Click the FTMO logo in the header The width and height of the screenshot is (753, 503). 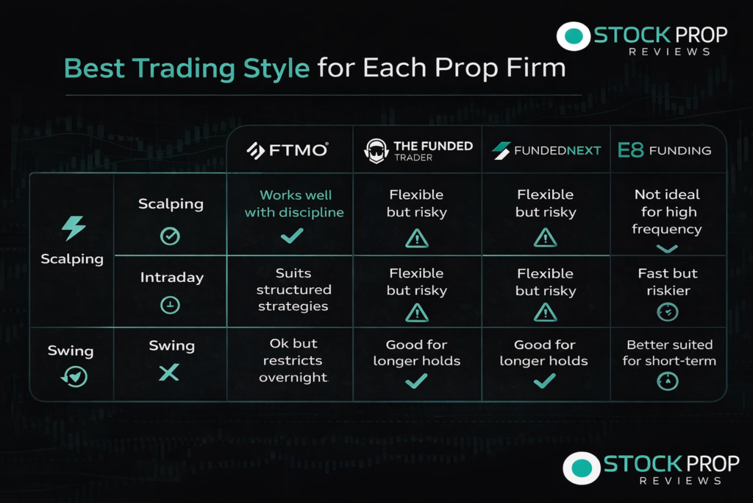pyautogui.click(x=288, y=150)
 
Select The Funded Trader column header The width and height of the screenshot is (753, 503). pyautogui.click(x=418, y=150)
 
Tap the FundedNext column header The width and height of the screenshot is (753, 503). pyautogui.click(x=546, y=150)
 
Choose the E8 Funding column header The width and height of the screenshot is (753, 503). pyautogui.click(x=664, y=150)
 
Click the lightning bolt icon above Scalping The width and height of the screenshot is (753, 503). pyautogui.click(x=74, y=228)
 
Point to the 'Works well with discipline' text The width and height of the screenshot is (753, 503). pyautogui.click(x=294, y=203)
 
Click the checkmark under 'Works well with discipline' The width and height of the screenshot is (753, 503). pyautogui.click(x=292, y=236)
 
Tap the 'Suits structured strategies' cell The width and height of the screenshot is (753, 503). pyautogui.click(x=293, y=289)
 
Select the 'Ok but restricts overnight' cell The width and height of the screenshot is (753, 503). pyautogui.click(x=293, y=360)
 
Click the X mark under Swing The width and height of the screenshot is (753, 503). pyautogui.click(x=169, y=372)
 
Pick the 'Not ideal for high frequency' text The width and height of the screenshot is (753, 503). pyautogui.click(x=667, y=211)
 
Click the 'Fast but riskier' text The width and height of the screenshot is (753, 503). pyautogui.click(x=668, y=282)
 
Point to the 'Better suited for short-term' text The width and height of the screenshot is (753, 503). pyautogui.click(x=669, y=353)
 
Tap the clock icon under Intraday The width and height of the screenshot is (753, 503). pyautogui.click(x=170, y=305)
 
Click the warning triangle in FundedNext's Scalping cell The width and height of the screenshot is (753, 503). pyautogui.click(x=545, y=238)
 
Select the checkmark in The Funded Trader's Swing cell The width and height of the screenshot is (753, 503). pyautogui.click(x=416, y=381)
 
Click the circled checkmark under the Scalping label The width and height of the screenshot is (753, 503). pyautogui.click(x=170, y=236)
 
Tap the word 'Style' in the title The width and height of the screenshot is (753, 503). pyautogui.click(x=276, y=68)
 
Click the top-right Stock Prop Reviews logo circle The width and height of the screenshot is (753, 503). pyautogui.click(x=574, y=36)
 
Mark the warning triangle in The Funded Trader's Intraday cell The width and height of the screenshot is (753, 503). pyautogui.click(x=417, y=313)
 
